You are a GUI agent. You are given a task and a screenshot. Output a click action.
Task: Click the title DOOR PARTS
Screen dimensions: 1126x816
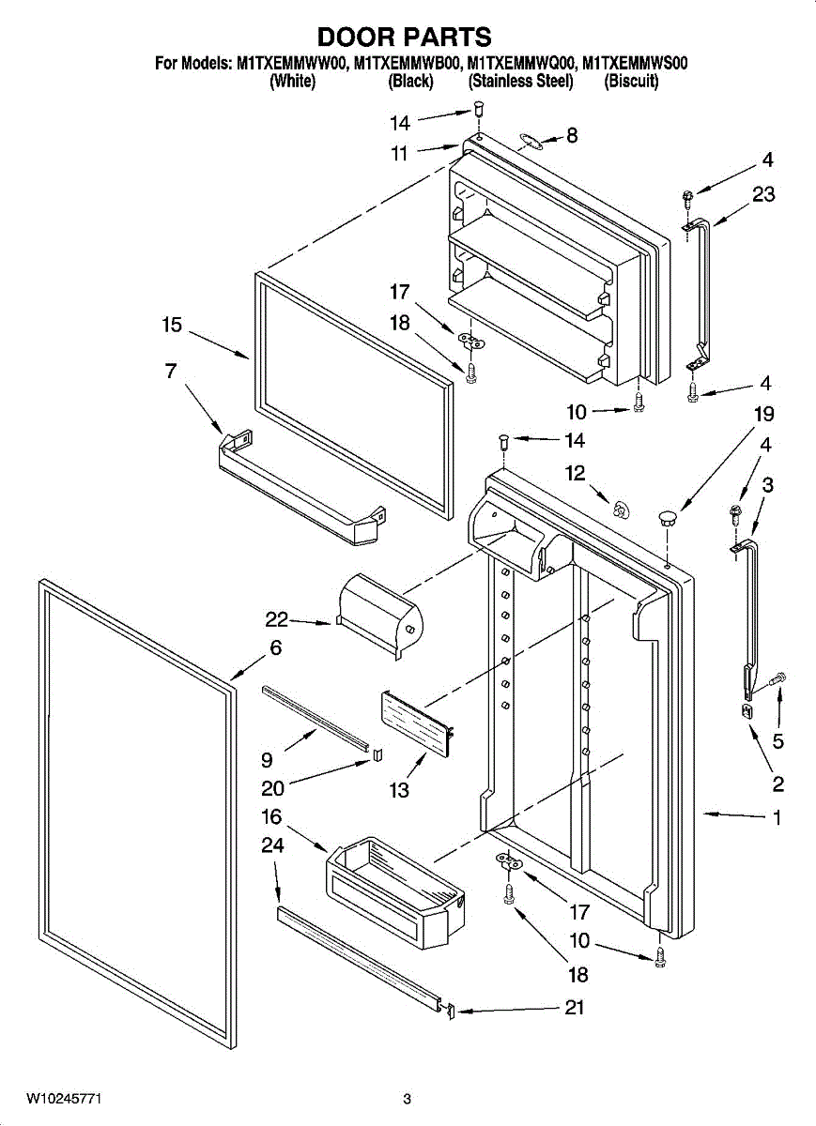pos(404,38)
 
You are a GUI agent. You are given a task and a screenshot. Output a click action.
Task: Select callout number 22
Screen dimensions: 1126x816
pos(276,619)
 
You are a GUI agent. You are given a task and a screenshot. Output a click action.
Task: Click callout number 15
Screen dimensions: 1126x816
pos(171,326)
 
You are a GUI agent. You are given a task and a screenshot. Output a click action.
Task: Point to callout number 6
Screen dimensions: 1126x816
pos(275,647)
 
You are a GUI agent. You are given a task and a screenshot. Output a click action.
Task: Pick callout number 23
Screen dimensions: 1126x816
pos(763,195)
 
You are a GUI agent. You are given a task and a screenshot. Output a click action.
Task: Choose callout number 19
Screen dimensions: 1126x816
pos(763,414)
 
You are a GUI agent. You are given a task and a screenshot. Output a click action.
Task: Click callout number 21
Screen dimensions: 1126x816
pos(575,1008)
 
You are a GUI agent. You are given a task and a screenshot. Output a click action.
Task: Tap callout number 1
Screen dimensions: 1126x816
pos(777,817)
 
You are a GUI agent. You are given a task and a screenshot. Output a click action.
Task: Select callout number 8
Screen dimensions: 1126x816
pos(571,135)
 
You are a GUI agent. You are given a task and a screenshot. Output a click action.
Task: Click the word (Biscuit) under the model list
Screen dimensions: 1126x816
pos(632,82)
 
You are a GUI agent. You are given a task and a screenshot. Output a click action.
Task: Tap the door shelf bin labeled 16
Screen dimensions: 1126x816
pos(394,891)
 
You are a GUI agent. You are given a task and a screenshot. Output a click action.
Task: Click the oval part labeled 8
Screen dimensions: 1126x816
pos(531,142)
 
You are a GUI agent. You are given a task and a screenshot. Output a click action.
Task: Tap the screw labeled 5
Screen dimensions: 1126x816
pos(778,677)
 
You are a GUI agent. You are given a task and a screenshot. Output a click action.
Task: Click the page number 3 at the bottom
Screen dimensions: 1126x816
pos(408,1099)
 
